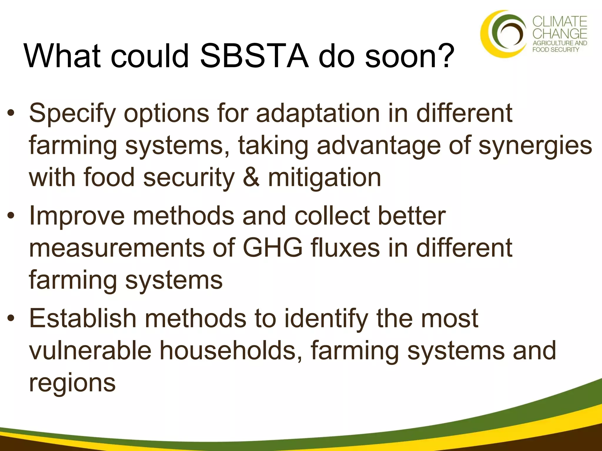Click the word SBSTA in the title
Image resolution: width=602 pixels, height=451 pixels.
(x=254, y=56)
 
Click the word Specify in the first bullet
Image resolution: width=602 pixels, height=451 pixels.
(x=72, y=114)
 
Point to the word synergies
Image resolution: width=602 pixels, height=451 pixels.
(x=535, y=146)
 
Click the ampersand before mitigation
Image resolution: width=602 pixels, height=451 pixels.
(x=251, y=178)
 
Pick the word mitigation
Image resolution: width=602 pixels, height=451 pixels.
(x=325, y=178)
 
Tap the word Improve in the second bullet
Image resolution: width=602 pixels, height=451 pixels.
(x=77, y=216)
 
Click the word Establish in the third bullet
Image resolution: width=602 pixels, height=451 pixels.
(x=83, y=319)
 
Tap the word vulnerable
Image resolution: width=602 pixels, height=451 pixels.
(x=90, y=351)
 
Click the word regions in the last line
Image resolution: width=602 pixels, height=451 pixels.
(x=72, y=383)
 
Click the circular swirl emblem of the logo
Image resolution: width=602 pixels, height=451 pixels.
(x=504, y=34)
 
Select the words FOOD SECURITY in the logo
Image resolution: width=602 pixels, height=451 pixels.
(x=556, y=50)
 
